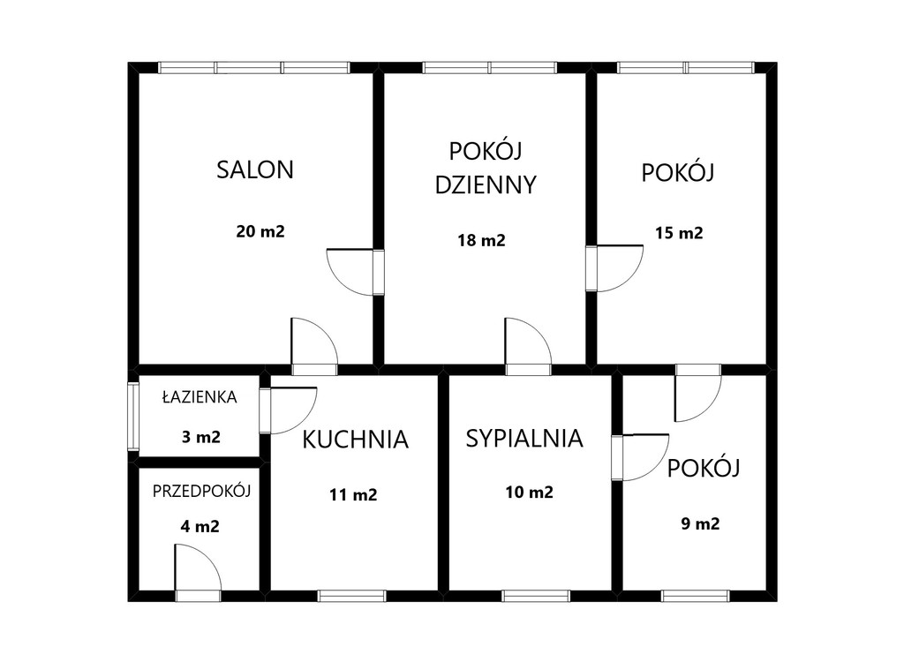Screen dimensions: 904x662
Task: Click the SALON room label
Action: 255,169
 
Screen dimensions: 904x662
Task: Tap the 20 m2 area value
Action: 260,231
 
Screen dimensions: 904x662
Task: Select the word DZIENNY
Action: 486,185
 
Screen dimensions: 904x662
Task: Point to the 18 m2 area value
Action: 481,240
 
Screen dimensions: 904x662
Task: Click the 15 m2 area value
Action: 679,233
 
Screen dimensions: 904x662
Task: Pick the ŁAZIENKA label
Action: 200,396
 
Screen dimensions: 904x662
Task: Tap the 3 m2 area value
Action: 200,437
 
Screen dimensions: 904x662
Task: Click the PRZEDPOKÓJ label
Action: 202,492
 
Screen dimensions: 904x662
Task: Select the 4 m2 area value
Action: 200,526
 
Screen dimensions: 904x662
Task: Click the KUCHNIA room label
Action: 355,440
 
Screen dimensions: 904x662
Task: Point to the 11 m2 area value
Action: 353,495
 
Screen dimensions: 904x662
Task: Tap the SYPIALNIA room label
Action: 524,439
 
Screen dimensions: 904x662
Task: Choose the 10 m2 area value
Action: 530,492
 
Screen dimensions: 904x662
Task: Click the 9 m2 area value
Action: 700,523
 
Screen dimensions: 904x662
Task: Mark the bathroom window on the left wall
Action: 133,417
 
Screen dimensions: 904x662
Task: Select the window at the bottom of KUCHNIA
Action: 351,597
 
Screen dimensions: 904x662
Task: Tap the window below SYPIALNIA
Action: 536,597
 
